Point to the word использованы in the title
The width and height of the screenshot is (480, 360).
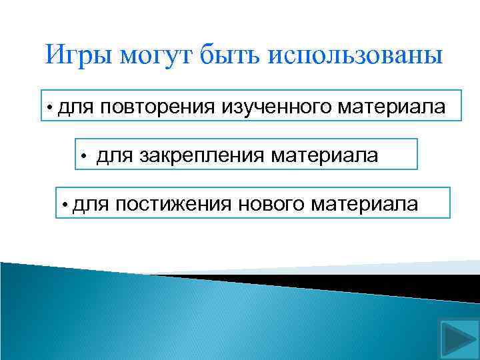(x=356, y=55)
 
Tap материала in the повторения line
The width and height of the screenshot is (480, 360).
(x=392, y=105)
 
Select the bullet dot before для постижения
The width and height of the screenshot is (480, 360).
(x=65, y=205)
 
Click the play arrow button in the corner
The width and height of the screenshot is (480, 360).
(x=457, y=339)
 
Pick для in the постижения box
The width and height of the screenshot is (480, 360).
(x=89, y=203)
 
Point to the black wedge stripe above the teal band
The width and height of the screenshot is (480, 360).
(x=373, y=279)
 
